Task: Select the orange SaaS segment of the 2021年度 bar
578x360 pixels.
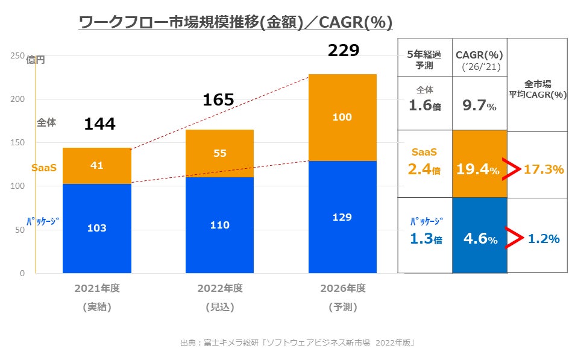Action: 97,165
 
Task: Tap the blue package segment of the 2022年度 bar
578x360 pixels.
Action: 219,224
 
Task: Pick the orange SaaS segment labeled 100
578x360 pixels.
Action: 342,118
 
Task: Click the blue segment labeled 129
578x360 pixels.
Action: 342,217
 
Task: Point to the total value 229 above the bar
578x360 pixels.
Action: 343,50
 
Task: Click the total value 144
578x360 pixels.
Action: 99,124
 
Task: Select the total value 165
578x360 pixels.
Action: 218,99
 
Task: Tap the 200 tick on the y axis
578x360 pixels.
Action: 17,99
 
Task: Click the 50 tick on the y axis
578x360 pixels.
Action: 20,230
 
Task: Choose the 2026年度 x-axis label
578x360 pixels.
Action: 343,288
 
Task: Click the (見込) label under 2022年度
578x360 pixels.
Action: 220,307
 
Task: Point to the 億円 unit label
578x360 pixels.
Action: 36,60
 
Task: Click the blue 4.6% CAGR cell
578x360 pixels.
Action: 480,239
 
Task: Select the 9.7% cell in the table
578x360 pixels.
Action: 480,106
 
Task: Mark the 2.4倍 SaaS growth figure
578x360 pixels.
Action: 425,170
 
